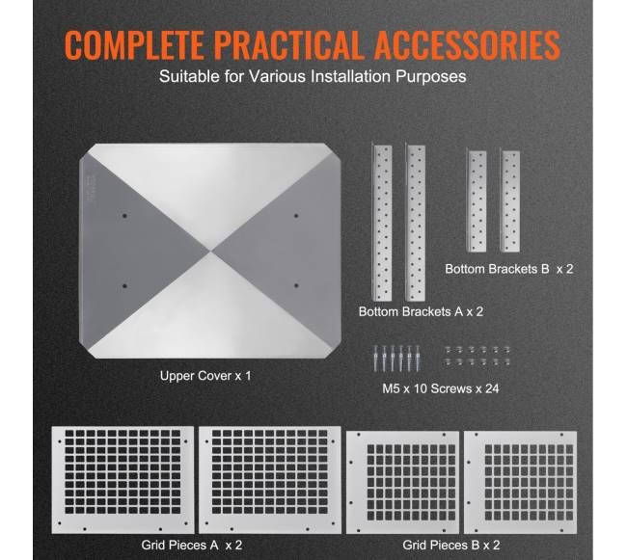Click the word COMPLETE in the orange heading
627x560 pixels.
click(x=134, y=44)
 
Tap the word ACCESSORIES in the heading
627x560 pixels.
click(x=467, y=44)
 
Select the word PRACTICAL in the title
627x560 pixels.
click(x=287, y=44)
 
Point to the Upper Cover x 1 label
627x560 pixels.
click(x=205, y=376)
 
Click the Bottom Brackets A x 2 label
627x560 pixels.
click(x=421, y=311)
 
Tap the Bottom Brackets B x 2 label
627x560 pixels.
click(x=509, y=269)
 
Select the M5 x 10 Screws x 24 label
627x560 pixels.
click(x=441, y=388)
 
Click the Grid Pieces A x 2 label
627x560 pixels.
click(x=192, y=546)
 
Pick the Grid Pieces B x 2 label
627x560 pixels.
click(x=451, y=546)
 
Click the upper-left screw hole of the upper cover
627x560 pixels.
click(x=124, y=216)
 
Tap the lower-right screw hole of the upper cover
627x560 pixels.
click(x=296, y=285)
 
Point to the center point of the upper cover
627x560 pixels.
click(x=210, y=252)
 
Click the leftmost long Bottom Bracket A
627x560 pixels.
click(x=381, y=222)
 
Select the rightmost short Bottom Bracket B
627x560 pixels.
click(x=510, y=200)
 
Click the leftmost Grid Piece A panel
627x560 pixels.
click(x=123, y=480)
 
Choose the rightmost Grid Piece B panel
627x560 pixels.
click(x=520, y=482)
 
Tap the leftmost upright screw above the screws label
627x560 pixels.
click(x=375, y=359)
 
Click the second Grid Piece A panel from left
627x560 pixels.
click(x=270, y=480)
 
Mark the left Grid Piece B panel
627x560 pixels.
click(x=402, y=482)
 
